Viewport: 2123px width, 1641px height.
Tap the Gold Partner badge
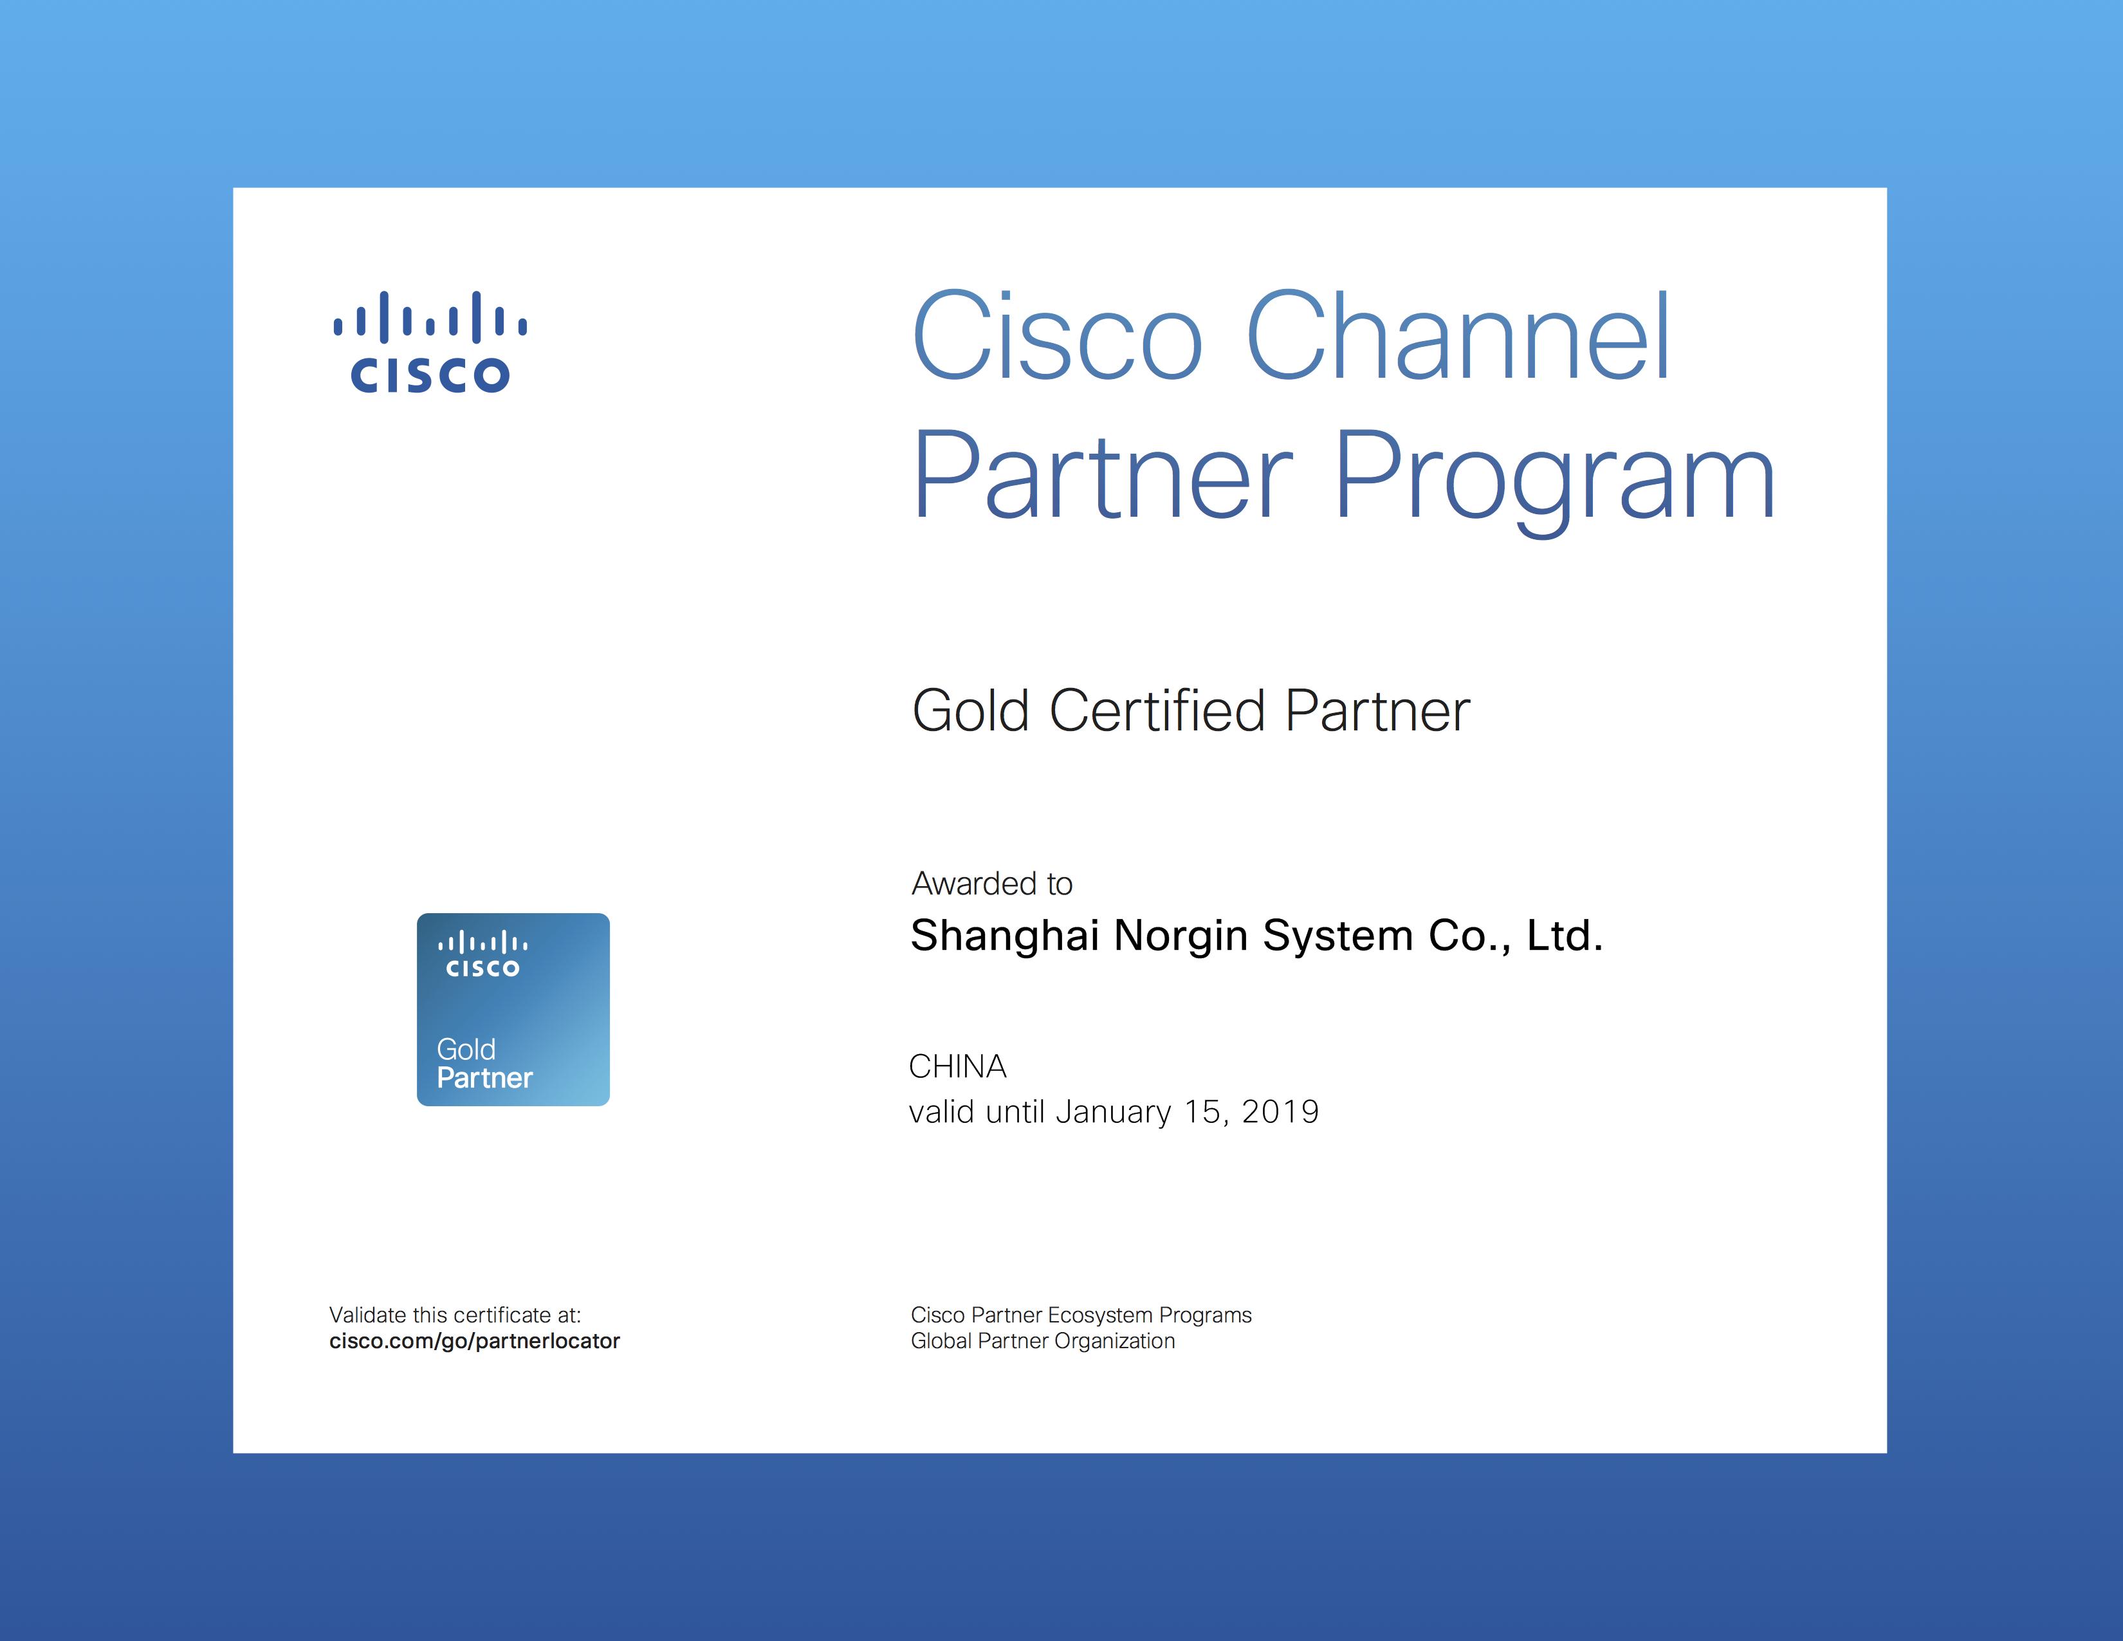513,1009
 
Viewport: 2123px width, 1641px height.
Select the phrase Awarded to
991,883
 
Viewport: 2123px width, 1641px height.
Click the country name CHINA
957,1066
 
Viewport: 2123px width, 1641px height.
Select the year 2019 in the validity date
1280,1111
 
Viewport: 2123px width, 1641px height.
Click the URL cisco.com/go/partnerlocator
474,1342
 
